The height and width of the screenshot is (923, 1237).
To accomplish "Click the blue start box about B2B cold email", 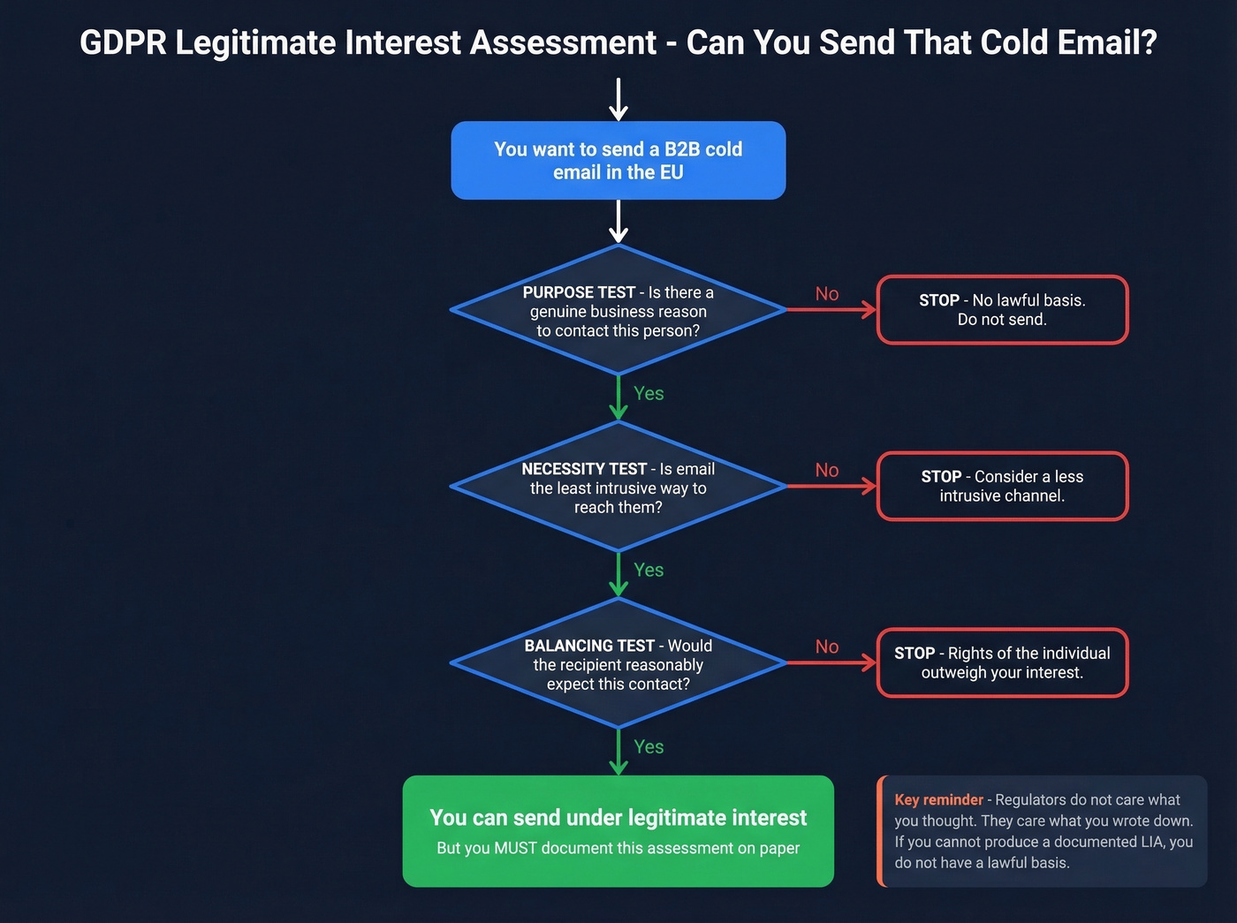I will [x=618, y=161].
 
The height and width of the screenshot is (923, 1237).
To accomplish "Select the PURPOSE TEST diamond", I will [x=618, y=311].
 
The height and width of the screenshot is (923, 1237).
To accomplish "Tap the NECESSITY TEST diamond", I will [x=618, y=488].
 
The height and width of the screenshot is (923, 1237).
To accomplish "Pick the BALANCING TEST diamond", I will [x=618, y=664].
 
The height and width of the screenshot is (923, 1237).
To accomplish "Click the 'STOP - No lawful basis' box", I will [x=1002, y=310].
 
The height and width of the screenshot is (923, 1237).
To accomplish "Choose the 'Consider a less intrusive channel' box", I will [x=1002, y=487].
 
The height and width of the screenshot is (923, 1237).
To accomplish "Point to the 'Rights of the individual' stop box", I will [x=1002, y=663].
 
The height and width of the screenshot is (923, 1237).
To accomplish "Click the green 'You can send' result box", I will [x=618, y=831].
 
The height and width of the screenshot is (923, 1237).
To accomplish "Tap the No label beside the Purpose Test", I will [x=827, y=294].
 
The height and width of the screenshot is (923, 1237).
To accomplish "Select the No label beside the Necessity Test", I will [x=827, y=471].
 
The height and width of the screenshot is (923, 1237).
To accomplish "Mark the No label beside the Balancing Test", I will [x=827, y=647].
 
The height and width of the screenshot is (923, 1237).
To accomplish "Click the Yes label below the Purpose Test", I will [x=649, y=394].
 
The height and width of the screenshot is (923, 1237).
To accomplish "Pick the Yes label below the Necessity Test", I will [x=649, y=571].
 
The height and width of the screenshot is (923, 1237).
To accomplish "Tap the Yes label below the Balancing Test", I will [x=649, y=747].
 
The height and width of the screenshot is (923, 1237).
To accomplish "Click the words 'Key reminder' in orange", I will [x=938, y=800].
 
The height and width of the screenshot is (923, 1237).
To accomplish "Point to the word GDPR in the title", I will [x=123, y=43].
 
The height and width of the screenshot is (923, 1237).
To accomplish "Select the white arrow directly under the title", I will [x=618, y=99].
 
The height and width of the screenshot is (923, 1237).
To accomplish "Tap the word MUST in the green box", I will [x=515, y=849].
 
